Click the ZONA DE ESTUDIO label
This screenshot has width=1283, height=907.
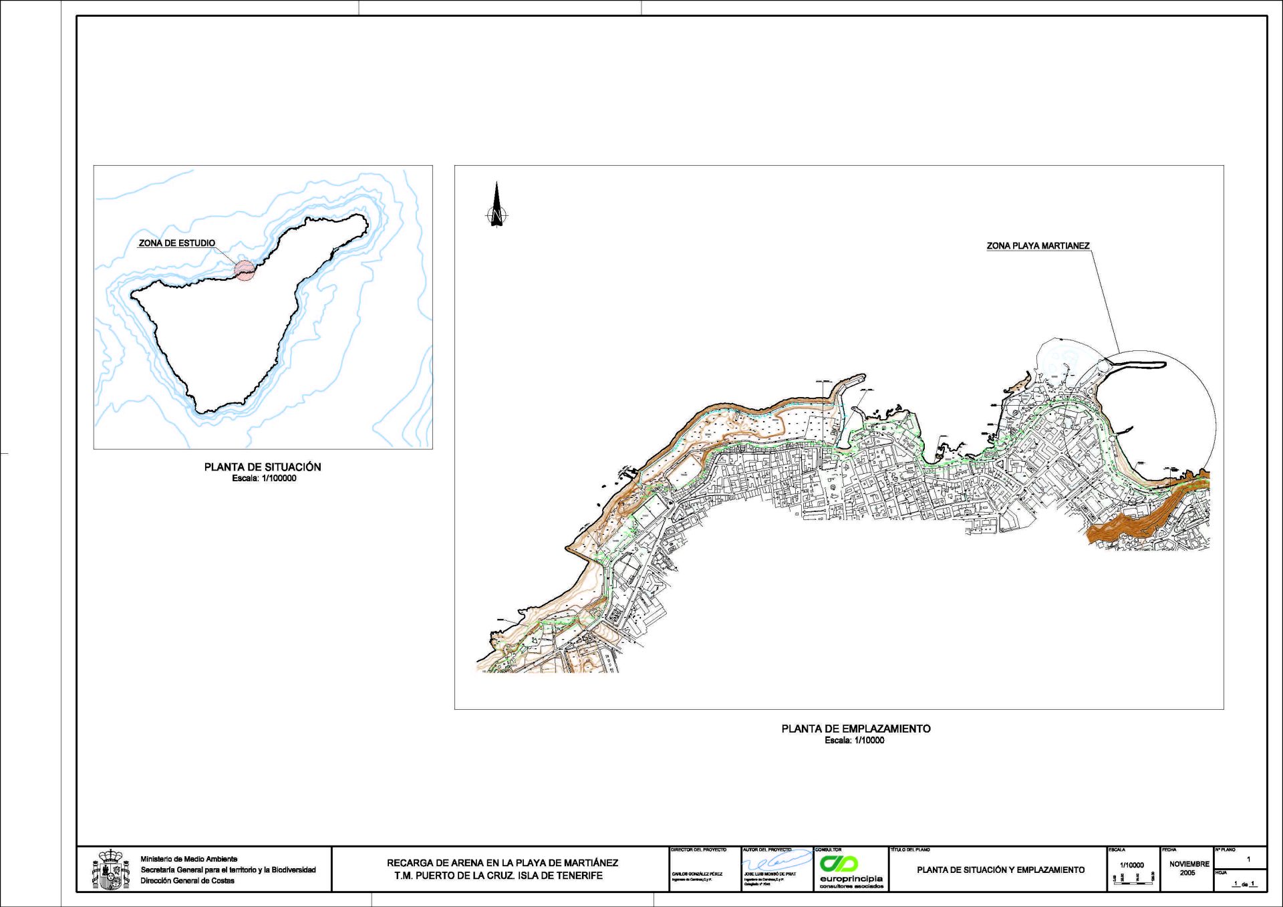(x=176, y=243)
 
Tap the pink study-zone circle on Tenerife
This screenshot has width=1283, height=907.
(x=245, y=270)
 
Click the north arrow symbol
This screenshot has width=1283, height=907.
(x=496, y=206)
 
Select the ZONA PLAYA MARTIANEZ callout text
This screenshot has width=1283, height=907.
(x=1038, y=246)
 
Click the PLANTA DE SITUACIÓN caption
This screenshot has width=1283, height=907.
(x=263, y=467)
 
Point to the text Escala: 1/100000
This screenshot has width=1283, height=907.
(x=264, y=479)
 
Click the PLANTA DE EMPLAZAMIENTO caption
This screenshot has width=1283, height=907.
(x=855, y=729)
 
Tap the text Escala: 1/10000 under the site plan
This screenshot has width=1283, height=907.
(x=854, y=741)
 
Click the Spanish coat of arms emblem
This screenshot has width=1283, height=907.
(x=110, y=870)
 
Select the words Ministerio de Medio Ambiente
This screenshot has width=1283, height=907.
(x=188, y=859)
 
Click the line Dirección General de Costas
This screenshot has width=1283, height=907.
(x=187, y=880)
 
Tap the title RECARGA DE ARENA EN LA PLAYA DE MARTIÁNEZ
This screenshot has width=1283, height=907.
(x=502, y=863)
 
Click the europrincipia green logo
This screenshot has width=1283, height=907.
(x=839, y=863)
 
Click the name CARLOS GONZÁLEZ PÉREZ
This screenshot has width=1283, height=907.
(x=697, y=874)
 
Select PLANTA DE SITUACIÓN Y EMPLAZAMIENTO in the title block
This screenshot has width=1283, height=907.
(x=1000, y=870)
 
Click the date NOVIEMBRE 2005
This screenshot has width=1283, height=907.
(x=1189, y=868)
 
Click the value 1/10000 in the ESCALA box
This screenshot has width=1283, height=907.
(x=1132, y=865)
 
